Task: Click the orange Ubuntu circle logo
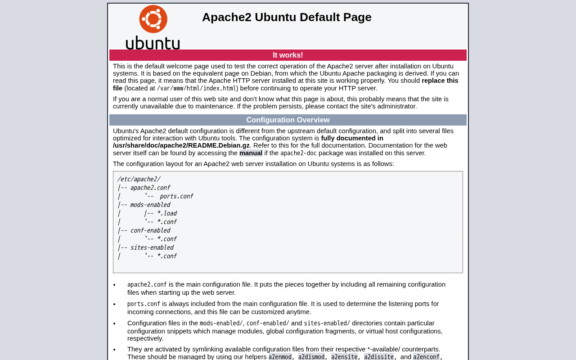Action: [x=153, y=19]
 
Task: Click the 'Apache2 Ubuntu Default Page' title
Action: [x=287, y=17]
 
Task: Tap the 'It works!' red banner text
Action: [x=288, y=55]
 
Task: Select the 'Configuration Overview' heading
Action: [x=288, y=120]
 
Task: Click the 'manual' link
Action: [x=251, y=153]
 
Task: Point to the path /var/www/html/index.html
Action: [x=197, y=89]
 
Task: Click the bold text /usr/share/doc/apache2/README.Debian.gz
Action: [x=181, y=146]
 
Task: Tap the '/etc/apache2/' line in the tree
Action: [x=139, y=179]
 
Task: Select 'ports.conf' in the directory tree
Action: [x=176, y=196]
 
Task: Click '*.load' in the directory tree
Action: [x=166, y=213]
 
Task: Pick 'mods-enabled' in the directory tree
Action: [x=150, y=205]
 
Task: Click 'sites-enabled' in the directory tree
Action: [x=152, y=247]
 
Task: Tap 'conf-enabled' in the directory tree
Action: [x=150, y=230]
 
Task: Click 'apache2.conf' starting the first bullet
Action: [x=147, y=285]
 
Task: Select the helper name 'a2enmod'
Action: [x=280, y=357]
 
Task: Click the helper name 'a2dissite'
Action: [x=379, y=357]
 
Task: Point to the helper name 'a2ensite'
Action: [x=344, y=357]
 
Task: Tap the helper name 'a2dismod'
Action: [x=311, y=357]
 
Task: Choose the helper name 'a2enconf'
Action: [x=427, y=357]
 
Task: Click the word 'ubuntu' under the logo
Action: [x=153, y=43]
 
